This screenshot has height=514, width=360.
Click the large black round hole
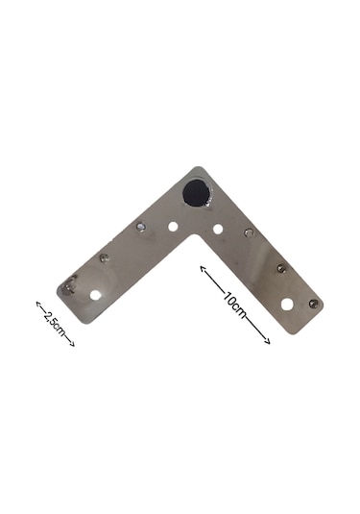196,192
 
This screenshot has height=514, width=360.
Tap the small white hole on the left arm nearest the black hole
173,226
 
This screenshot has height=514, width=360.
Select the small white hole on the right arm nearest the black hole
218,229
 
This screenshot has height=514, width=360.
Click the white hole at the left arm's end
96,295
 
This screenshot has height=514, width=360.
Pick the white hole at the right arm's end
287,304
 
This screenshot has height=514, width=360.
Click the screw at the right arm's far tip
314,304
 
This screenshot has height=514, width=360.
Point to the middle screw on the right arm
280,268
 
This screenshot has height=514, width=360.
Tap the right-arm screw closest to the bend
249,233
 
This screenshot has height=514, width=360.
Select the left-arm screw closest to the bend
140,226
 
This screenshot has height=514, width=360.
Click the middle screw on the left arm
105,258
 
